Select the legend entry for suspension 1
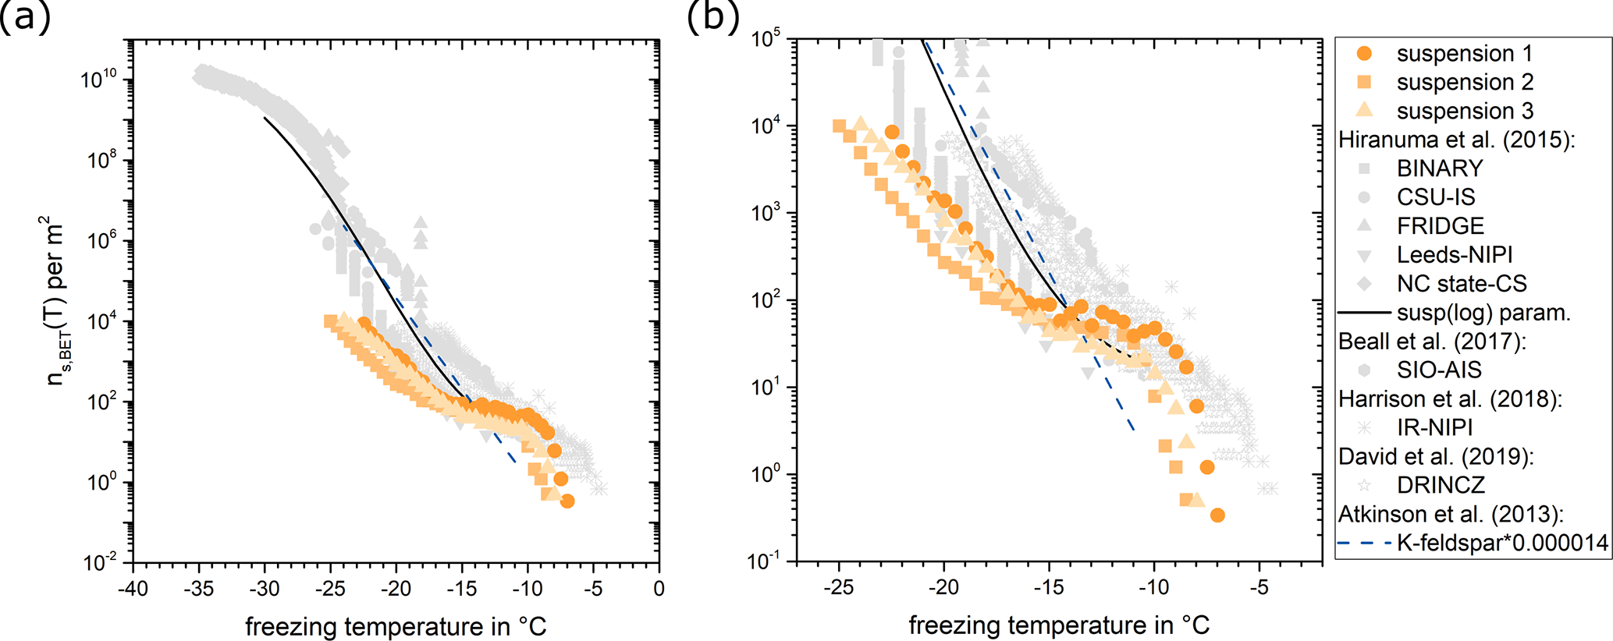pos(1464,54)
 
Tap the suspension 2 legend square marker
pos(1364,82)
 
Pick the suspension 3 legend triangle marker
pos(1364,110)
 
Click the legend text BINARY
pos(1440,168)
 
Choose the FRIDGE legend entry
pos(1440,226)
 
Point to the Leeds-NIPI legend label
pos(1455,255)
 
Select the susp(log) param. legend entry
pos(1483,313)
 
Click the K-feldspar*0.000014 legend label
pos(1502,543)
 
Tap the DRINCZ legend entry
pos(1441,485)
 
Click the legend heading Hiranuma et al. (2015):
pos(1456,140)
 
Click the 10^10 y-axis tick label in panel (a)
pos(99,79)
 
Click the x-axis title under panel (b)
pos(1059,625)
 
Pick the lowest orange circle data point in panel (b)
pos(1217,515)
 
